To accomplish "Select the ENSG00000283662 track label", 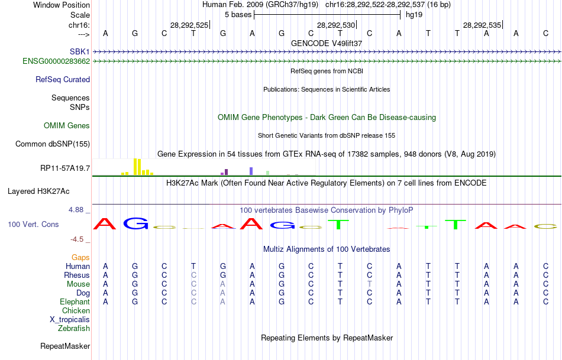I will [x=56, y=61].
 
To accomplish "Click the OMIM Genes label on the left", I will [x=67, y=125].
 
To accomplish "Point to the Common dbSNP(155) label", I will [x=53, y=144].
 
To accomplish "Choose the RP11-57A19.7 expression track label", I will [x=65, y=168].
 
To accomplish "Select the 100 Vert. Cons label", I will [x=33, y=225].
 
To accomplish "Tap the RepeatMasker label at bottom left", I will [x=65, y=346].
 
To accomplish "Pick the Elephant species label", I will [x=75, y=301].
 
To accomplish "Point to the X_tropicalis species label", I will [x=70, y=319].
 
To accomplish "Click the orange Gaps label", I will [x=80, y=257].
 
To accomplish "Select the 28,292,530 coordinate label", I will [x=336, y=25].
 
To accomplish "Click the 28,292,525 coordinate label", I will [x=189, y=25].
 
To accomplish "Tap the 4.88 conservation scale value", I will [x=77, y=210].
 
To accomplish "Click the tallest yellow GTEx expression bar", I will [x=135, y=167].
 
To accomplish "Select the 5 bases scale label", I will [x=238, y=14].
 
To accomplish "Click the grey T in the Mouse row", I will [x=369, y=284].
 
